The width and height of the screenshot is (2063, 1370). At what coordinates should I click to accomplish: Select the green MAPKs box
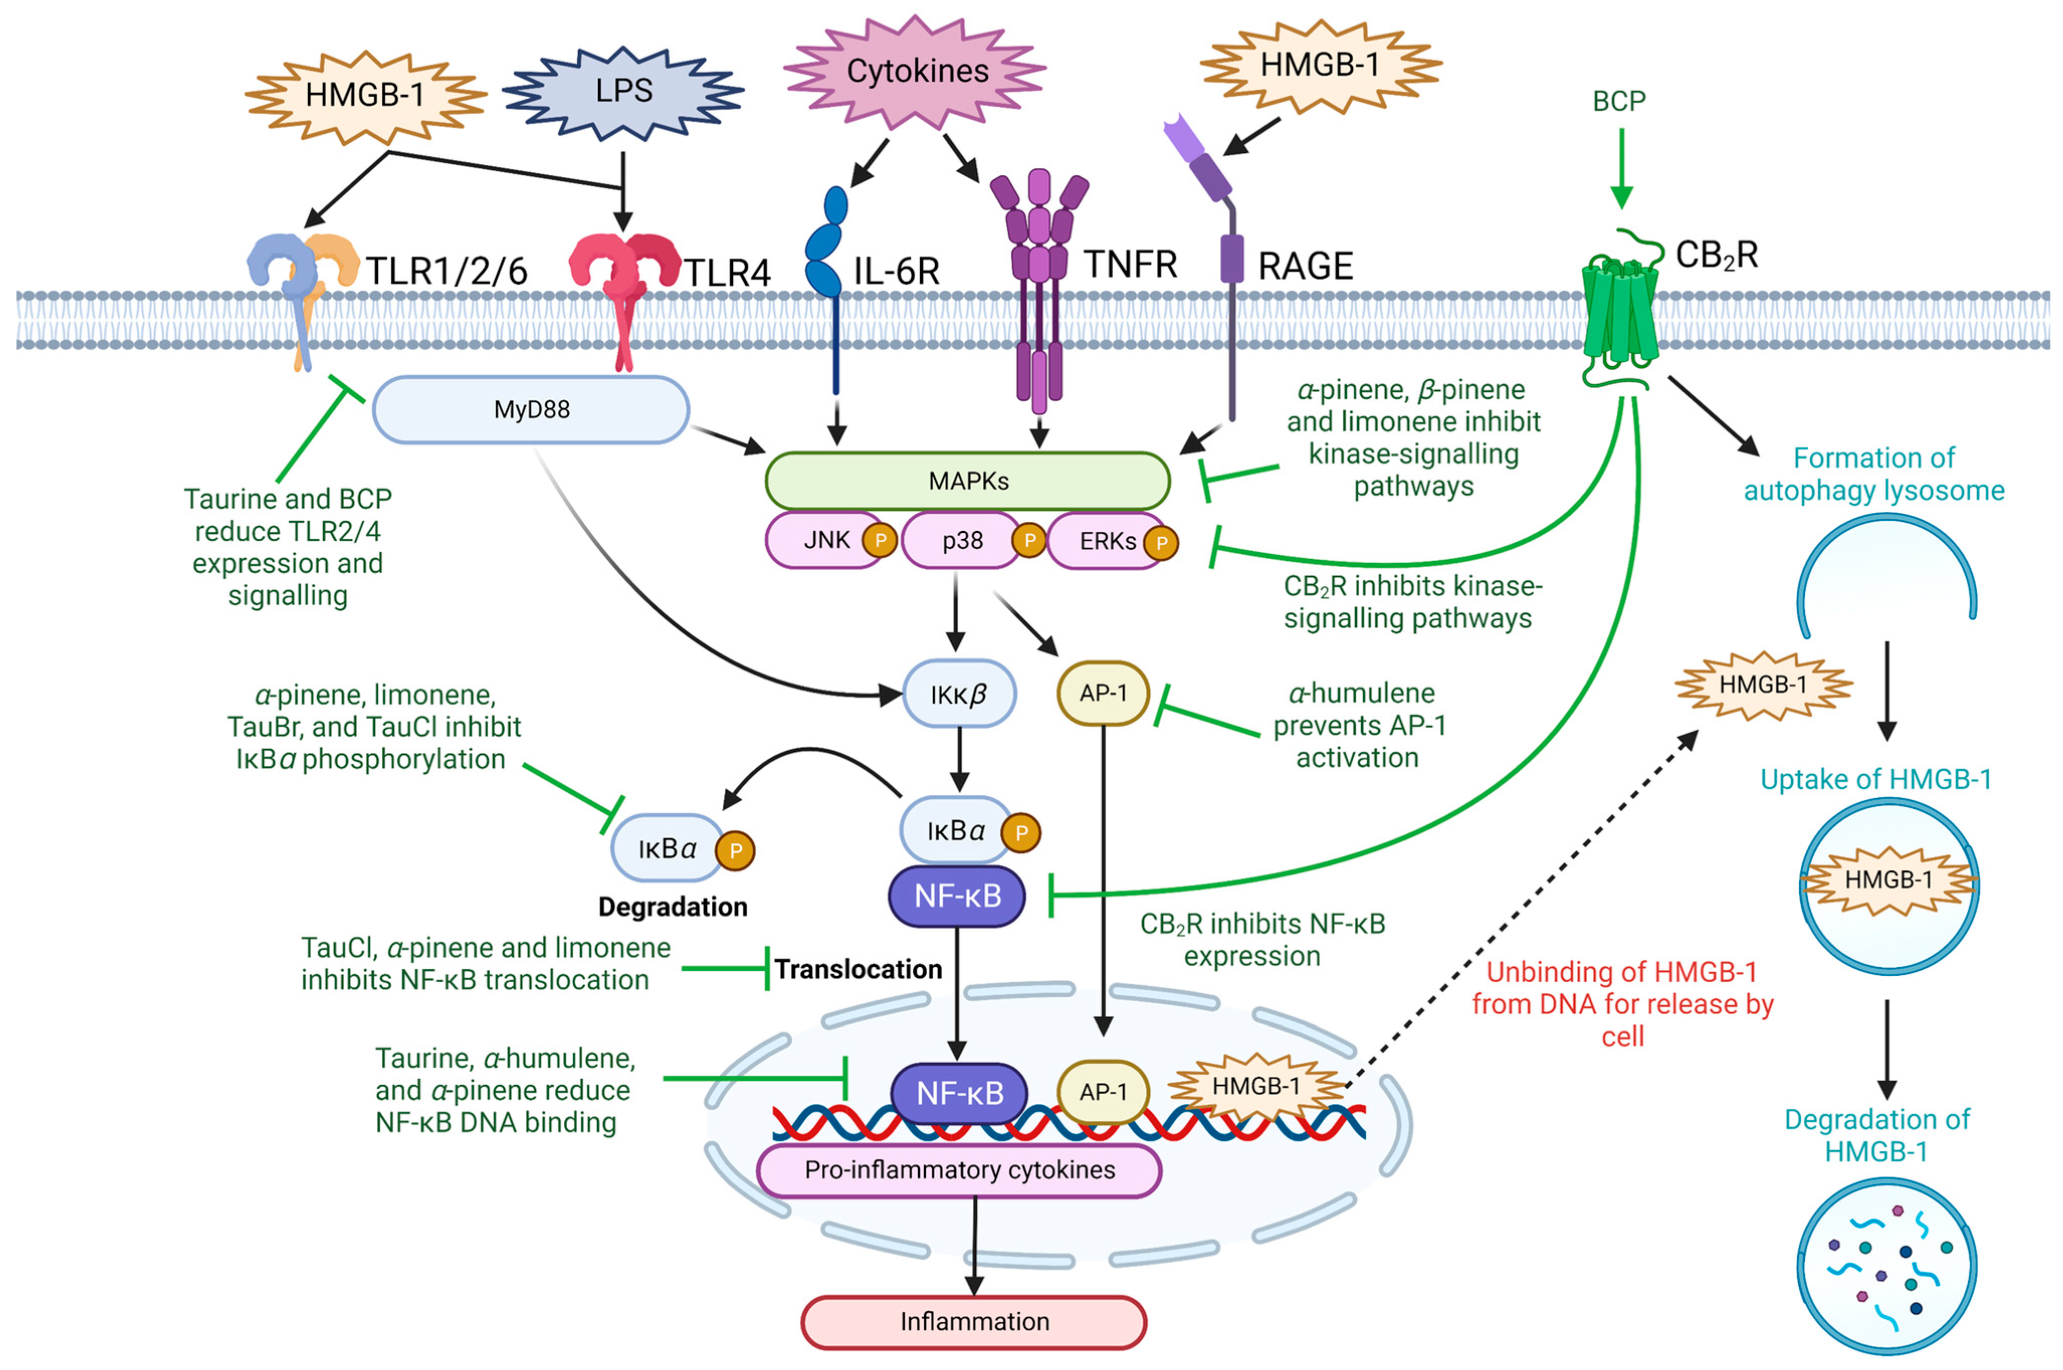coord(967,481)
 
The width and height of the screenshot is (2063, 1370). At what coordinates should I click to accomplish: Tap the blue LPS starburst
coord(623,91)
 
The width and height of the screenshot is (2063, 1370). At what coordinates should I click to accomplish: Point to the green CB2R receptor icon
coord(1619,310)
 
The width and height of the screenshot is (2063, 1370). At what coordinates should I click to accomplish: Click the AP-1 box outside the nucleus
coord(1103,694)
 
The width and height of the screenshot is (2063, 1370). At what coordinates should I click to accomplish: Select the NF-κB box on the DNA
coord(958,1093)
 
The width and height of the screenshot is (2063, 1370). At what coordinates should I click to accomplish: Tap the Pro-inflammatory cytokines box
coord(958,1170)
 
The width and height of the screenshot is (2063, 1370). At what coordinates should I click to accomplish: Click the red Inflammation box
coord(973,1321)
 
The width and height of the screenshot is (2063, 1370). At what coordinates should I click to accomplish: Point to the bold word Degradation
coord(672,907)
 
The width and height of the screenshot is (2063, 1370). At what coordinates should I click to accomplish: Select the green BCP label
coord(1618,101)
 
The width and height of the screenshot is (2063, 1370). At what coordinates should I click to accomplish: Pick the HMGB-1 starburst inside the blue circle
coord(1887,880)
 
